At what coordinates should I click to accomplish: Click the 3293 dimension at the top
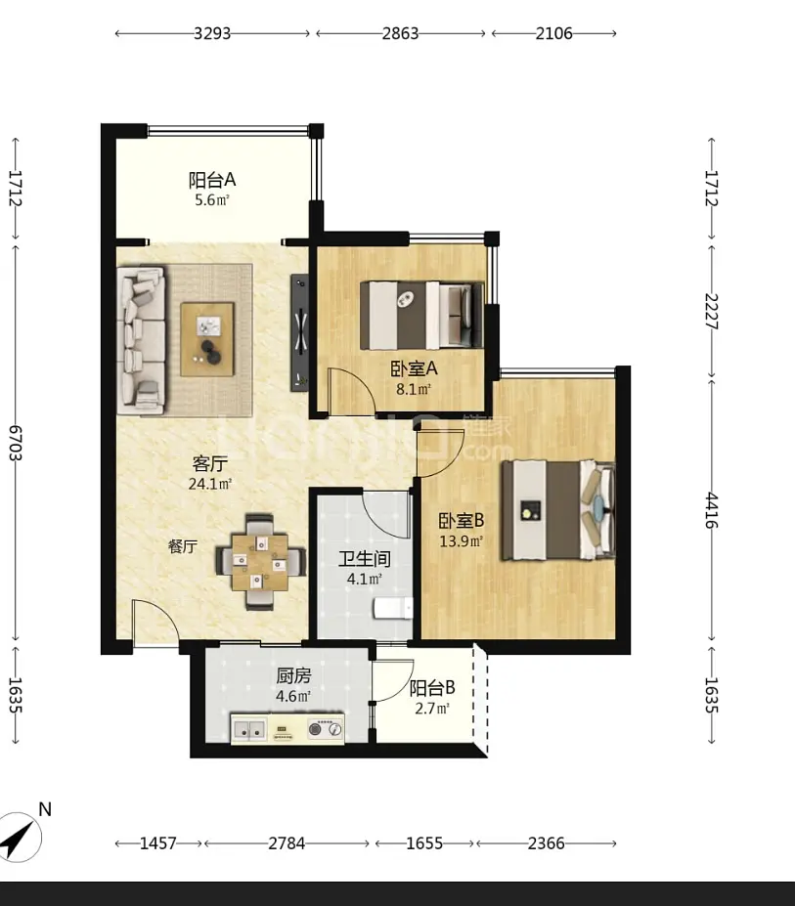pos(212,33)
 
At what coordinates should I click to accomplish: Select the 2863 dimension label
pos(400,33)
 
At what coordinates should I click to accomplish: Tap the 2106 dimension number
pos(553,33)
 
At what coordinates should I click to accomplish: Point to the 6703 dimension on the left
pos(16,443)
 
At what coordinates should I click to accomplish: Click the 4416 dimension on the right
pos(711,510)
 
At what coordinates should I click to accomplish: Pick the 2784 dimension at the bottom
pos(287,843)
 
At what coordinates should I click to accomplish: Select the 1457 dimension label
pos(158,843)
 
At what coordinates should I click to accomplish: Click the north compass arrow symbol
pos(19,838)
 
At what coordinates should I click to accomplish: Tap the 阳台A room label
pos(212,180)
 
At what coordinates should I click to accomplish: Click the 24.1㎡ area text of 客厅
pos(210,484)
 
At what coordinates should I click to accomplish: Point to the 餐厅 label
pos(183,546)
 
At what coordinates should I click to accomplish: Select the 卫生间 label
pos(365,559)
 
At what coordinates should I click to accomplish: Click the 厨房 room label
pos(293,675)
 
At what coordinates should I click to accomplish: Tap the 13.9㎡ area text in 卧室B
pos(461,541)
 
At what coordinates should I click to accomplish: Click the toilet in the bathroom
pos(393,609)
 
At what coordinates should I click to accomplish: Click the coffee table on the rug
pos(207,340)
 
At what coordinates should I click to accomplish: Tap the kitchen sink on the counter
pos(249,730)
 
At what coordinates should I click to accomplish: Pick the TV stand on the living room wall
pos(299,332)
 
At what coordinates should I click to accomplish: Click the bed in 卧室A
pos(421,316)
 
